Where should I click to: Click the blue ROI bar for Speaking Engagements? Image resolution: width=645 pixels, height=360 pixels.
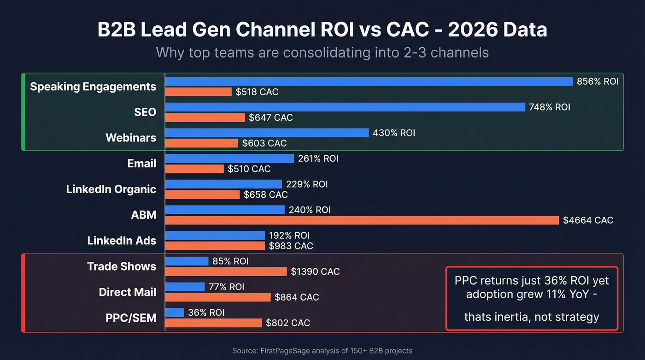(x=369, y=81)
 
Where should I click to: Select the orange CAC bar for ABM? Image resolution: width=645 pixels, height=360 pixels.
(x=362, y=220)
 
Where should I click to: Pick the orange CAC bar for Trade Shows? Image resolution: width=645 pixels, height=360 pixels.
(x=226, y=271)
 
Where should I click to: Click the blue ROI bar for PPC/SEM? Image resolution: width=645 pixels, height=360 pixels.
(x=175, y=313)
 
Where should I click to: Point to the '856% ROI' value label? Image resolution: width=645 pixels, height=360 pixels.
(x=598, y=82)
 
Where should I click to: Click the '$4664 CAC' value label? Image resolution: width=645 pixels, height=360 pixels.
(x=588, y=220)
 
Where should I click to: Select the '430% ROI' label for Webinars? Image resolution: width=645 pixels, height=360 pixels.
(x=394, y=133)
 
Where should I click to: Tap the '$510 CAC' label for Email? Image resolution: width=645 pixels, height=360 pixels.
(x=249, y=169)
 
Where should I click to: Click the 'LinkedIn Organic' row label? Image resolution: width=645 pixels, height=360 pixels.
(x=111, y=189)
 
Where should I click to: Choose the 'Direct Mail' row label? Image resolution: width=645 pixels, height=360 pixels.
(x=127, y=292)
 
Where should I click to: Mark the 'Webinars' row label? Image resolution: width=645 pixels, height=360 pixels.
(x=131, y=138)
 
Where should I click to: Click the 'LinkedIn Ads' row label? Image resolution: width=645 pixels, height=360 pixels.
(x=122, y=241)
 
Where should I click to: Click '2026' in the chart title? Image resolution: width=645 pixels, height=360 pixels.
(x=474, y=30)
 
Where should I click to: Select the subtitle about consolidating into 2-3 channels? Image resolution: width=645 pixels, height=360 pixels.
(x=322, y=52)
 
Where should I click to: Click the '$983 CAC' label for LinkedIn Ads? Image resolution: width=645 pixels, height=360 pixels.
(x=291, y=246)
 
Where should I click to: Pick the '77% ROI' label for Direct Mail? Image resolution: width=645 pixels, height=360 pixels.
(x=226, y=287)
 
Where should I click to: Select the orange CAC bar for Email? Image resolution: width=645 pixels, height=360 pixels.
(x=194, y=169)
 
